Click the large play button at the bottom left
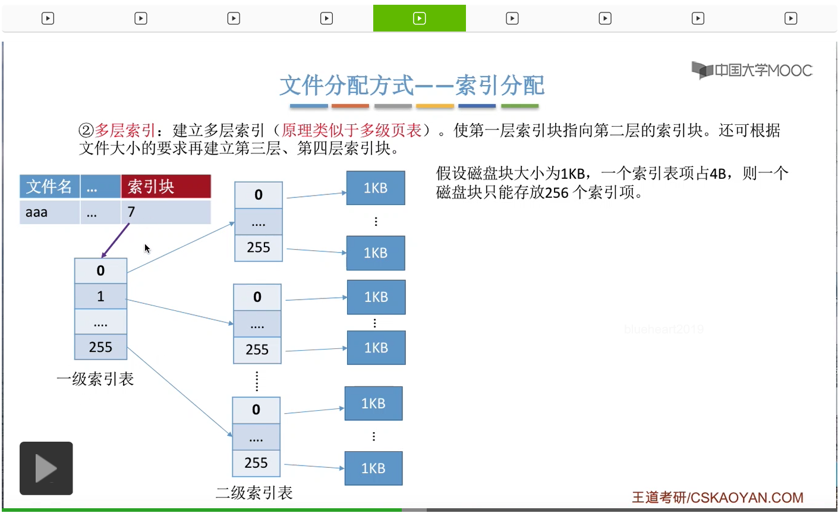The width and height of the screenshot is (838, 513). (x=46, y=468)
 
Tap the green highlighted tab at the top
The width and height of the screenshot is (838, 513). (x=419, y=18)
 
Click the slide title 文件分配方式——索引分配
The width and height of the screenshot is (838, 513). (x=412, y=85)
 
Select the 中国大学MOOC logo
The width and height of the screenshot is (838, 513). (x=751, y=70)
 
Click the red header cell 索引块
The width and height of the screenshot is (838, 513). (x=166, y=187)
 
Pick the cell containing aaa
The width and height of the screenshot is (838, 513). (x=49, y=212)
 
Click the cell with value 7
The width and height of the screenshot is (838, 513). (x=166, y=212)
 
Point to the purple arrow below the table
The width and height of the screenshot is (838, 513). (x=115, y=241)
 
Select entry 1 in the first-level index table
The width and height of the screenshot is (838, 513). (x=100, y=296)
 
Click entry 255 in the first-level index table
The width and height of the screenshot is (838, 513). (x=100, y=347)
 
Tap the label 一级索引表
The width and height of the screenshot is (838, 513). (x=95, y=379)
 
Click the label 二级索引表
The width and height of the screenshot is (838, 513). (x=254, y=493)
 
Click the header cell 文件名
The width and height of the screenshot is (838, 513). (x=49, y=187)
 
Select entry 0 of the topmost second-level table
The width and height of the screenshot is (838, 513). (x=259, y=195)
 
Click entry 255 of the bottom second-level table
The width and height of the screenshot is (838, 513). (x=256, y=463)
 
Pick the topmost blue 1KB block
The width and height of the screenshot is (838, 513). (x=376, y=188)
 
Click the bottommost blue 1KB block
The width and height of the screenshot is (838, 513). (x=373, y=468)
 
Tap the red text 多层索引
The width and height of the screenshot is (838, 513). (x=125, y=130)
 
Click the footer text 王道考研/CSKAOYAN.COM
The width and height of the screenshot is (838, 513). (x=717, y=498)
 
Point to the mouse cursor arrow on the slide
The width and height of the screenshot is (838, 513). (x=147, y=248)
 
